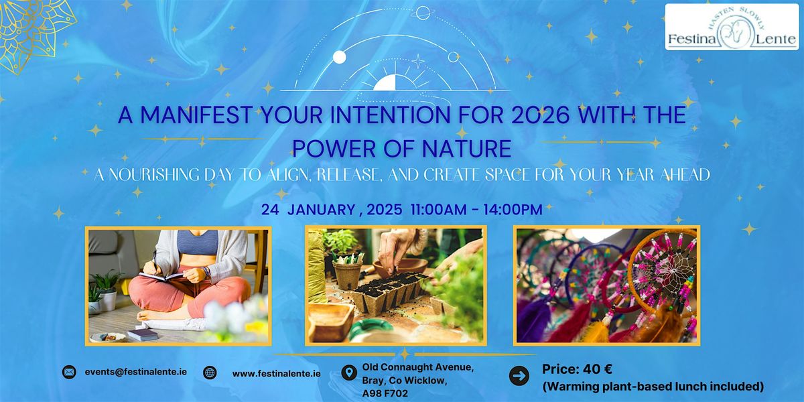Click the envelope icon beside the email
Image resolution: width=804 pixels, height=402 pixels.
pyautogui.click(x=68, y=373)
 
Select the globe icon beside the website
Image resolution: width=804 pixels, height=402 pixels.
pyautogui.click(x=210, y=373)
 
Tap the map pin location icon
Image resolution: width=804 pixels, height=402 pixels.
pyautogui.click(x=348, y=373)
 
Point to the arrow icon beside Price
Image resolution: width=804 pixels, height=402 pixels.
pyautogui.click(x=519, y=376)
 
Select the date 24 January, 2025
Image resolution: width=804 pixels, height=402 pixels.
pyautogui.click(x=319, y=210)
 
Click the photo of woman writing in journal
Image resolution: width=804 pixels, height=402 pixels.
pyautogui.click(x=178, y=285)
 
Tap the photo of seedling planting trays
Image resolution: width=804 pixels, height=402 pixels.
pyautogui.click(x=395, y=285)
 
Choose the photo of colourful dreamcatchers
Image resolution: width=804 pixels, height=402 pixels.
pyautogui.click(x=606, y=285)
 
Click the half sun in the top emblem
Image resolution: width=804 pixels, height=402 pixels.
pyautogui.click(x=394, y=82)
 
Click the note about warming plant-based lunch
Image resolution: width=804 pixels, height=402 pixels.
pyautogui.click(x=654, y=386)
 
